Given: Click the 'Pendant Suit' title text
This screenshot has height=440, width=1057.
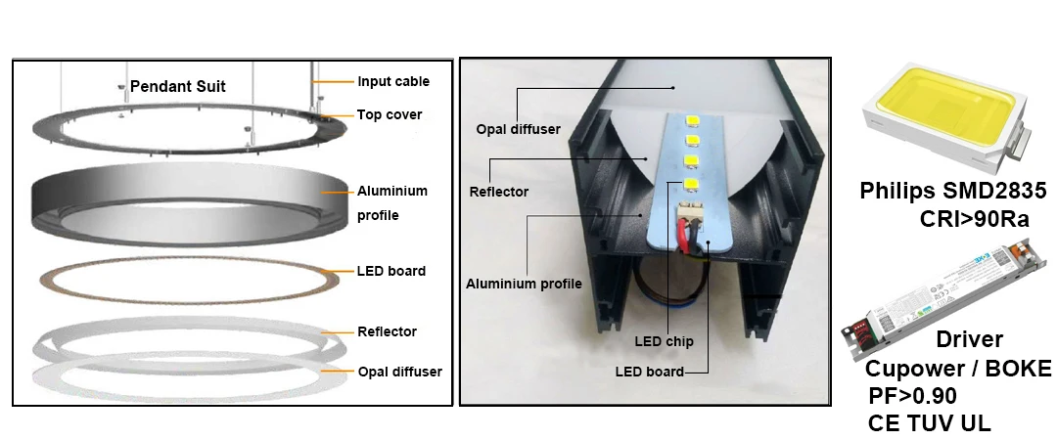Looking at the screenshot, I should (178, 86).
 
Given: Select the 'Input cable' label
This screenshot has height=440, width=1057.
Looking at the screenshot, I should (392, 81).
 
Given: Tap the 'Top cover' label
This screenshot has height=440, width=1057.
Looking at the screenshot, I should (390, 114).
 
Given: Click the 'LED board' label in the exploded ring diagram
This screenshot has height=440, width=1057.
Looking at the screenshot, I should (391, 271).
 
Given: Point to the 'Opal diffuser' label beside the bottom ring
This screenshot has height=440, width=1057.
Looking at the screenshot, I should (399, 372).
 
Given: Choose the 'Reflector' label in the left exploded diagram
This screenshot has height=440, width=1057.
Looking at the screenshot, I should (387, 331).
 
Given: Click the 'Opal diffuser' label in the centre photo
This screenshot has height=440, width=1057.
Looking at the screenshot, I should (518, 128).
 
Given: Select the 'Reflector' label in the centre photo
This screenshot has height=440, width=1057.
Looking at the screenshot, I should (499, 192).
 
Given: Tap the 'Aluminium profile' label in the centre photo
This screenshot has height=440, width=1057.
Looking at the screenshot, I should (524, 284).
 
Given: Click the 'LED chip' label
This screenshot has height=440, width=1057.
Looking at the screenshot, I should (665, 341).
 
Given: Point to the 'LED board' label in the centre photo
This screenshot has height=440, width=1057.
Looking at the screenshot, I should (649, 372).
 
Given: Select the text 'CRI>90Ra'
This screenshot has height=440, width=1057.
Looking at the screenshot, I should (974, 219).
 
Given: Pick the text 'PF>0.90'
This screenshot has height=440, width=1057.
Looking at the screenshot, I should (912, 396).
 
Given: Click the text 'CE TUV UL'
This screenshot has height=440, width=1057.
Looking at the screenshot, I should (929, 423).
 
